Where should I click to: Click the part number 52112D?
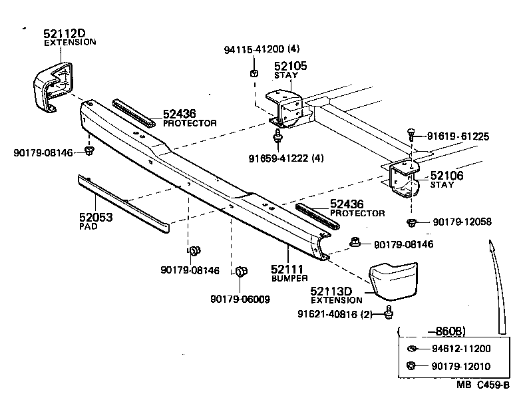click(x=65, y=33)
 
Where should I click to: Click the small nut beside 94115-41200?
click(x=254, y=72)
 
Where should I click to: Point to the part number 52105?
click(x=291, y=67)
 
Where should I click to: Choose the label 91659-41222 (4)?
click(x=286, y=158)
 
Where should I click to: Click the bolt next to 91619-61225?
click(x=412, y=136)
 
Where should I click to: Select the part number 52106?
click(x=447, y=176)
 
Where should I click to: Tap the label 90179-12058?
click(x=462, y=222)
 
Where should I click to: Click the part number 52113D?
click(x=336, y=292)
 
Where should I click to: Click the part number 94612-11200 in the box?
click(x=461, y=349)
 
